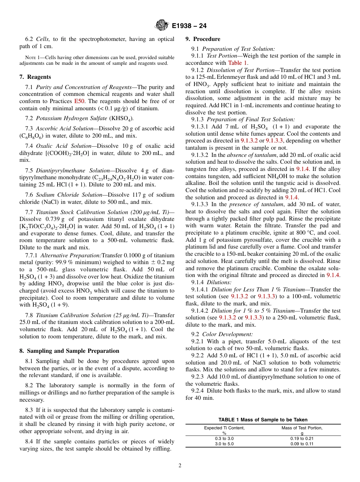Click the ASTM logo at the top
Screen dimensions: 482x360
coord(161,25)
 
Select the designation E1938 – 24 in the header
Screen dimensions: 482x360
coord(189,26)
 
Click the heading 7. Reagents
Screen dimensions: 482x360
coord(35,77)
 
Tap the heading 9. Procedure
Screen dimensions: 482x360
coord(203,39)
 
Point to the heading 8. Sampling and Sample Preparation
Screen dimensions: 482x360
coord(69,351)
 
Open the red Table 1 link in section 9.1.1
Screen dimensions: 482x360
coord(238,63)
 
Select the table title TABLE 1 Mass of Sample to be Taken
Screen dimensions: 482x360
coord(263,420)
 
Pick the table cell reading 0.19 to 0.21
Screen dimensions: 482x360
coord(302,438)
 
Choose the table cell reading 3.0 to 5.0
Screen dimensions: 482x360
coord(224,444)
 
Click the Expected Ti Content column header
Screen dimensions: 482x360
coord(224,428)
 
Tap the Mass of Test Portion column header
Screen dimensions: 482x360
coord(302,428)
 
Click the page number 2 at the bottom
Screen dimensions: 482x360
coord(180,466)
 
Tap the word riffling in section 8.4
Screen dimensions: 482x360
coord(161,449)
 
